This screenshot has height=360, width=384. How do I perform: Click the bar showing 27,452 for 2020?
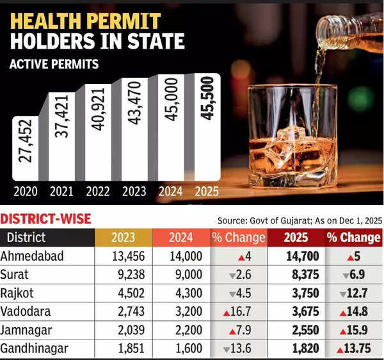tap(24, 149)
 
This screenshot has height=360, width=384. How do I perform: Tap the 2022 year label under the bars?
tap(98, 191)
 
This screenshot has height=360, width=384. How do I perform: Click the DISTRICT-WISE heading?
tap(45, 219)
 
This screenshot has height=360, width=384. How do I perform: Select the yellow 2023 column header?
tap(123, 238)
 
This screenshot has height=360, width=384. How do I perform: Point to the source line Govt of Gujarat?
tap(299, 220)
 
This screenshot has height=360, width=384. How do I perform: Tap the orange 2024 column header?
tap(181, 238)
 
